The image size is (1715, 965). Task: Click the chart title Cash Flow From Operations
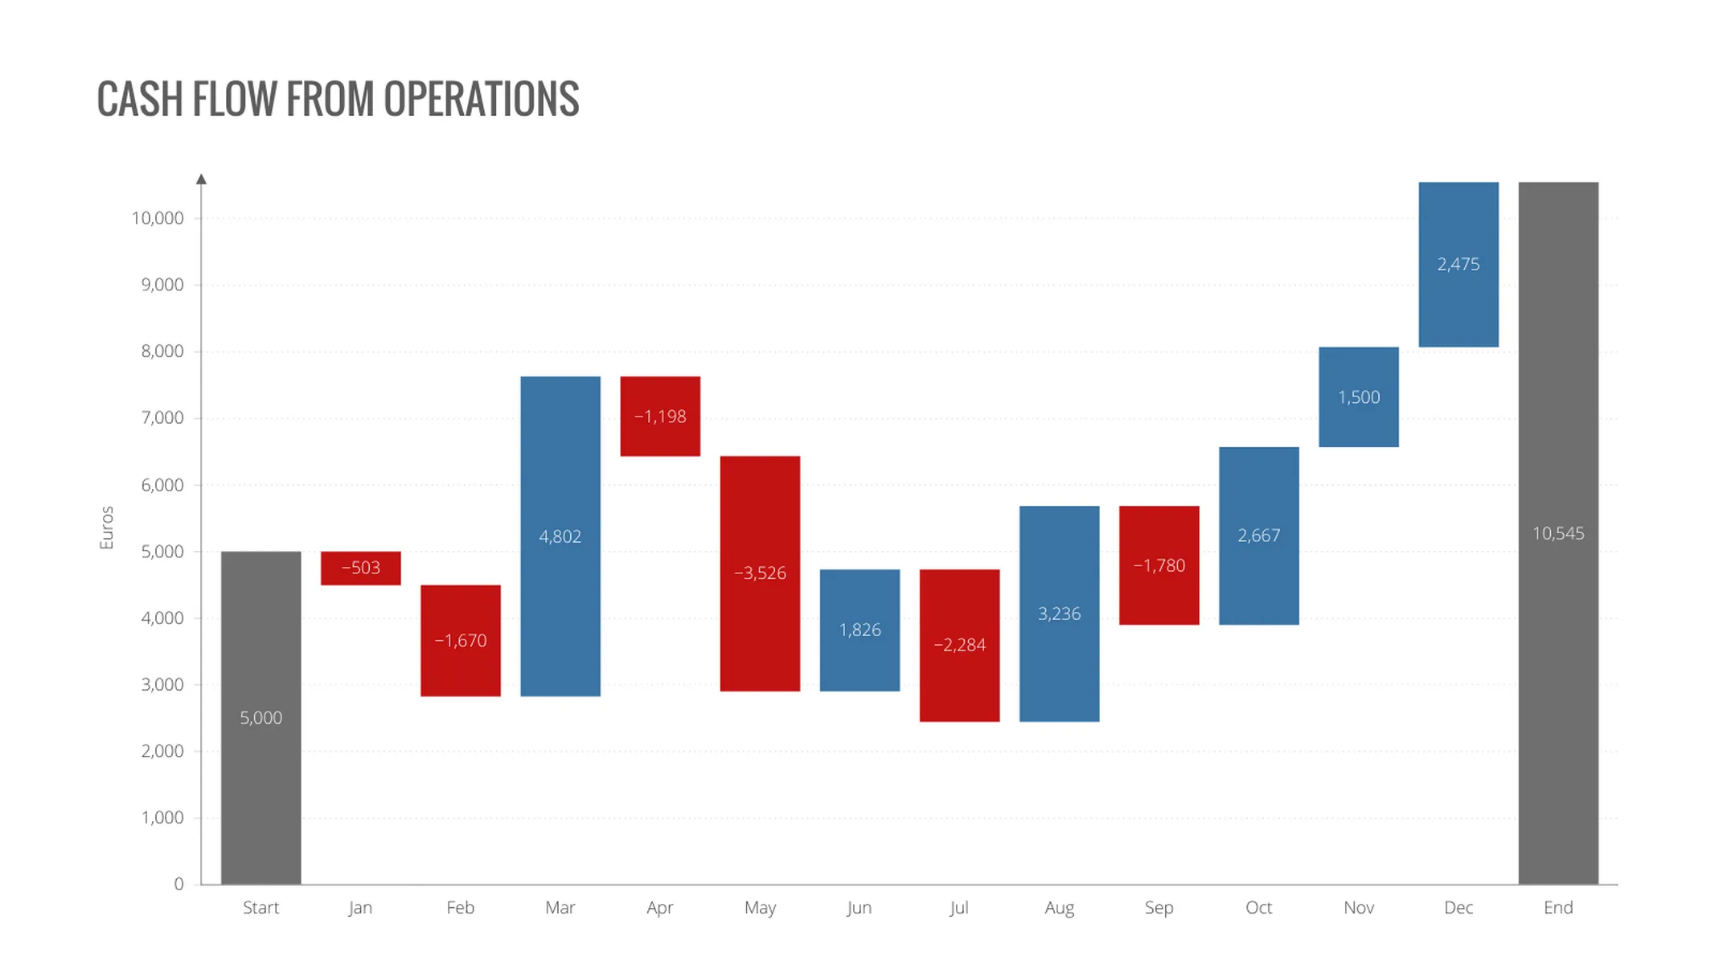[338, 100]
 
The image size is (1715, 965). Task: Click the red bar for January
[360, 568]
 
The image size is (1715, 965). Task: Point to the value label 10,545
[1557, 533]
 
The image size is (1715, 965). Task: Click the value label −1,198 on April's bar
[660, 417]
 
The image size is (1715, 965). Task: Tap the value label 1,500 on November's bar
[1358, 397]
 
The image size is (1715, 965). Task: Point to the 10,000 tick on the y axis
[158, 218]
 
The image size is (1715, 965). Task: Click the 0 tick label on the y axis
[178, 884]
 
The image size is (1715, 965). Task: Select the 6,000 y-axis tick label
[162, 485]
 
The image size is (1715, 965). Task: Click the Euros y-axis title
[106, 528]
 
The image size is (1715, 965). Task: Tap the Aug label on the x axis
[1059, 908]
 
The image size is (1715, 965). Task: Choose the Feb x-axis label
[460, 908]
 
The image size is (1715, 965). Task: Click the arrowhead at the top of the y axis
[201, 179]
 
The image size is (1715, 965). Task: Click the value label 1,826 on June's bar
[860, 630]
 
